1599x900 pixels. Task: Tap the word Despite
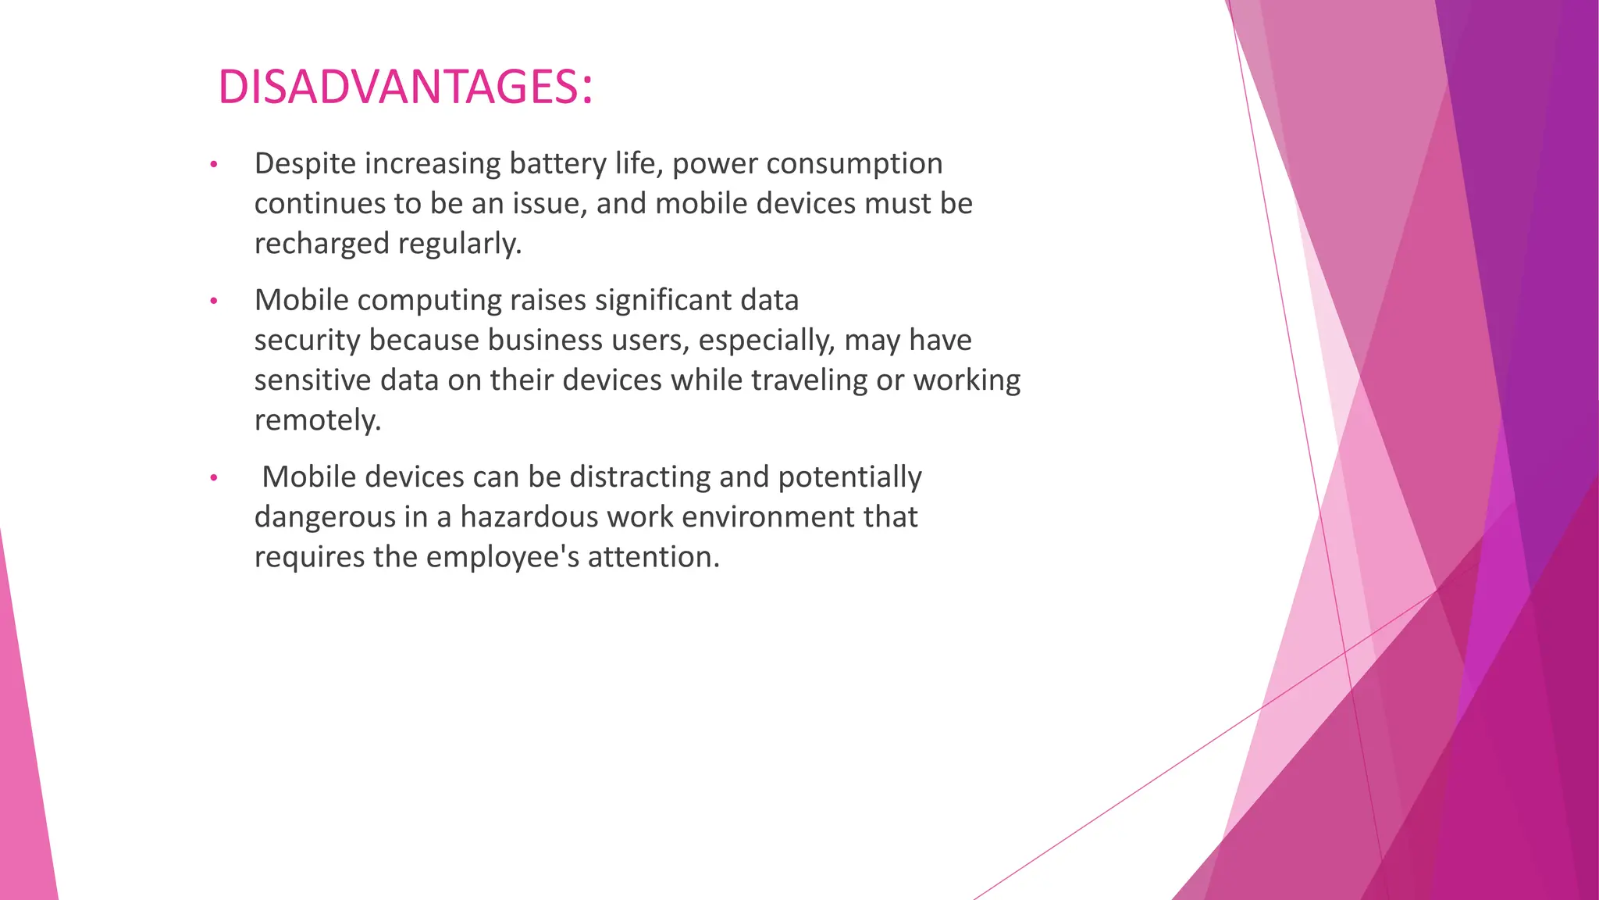(x=304, y=164)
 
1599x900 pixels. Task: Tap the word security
(x=307, y=341)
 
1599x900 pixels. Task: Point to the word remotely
(x=317, y=420)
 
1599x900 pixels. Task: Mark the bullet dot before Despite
(x=213, y=165)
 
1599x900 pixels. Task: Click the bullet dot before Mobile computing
(x=213, y=302)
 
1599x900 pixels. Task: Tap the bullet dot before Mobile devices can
(x=213, y=478)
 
